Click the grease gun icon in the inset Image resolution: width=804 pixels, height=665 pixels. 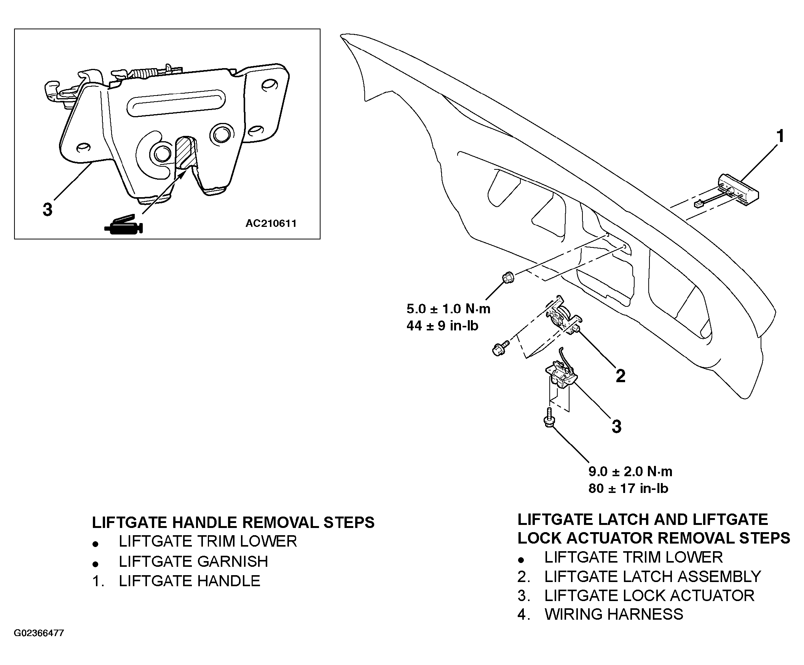tap(123, 225)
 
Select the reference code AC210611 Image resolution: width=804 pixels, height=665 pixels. tap(271, 223)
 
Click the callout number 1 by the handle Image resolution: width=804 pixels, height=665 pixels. tap(780, 137)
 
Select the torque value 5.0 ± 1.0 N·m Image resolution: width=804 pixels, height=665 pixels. tap(448, 309)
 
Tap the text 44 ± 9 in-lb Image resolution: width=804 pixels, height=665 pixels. tap(442, 326)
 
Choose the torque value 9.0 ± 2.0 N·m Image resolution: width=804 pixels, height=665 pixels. tap(630, 471)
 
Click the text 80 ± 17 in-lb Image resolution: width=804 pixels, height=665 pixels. tap(628, 488)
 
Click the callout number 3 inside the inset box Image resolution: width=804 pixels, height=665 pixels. tap(48, 210)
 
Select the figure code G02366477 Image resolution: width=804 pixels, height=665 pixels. tap(39, 633)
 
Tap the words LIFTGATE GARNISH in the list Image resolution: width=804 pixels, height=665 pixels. tap(193, 561)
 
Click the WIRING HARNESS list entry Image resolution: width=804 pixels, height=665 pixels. tap(614, 614)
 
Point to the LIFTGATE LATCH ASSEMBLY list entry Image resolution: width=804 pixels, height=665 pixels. tap(653, 576)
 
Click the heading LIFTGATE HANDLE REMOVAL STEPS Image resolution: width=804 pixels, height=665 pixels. tap(233, 523)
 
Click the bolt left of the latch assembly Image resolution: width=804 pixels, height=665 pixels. tap(500, 348)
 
